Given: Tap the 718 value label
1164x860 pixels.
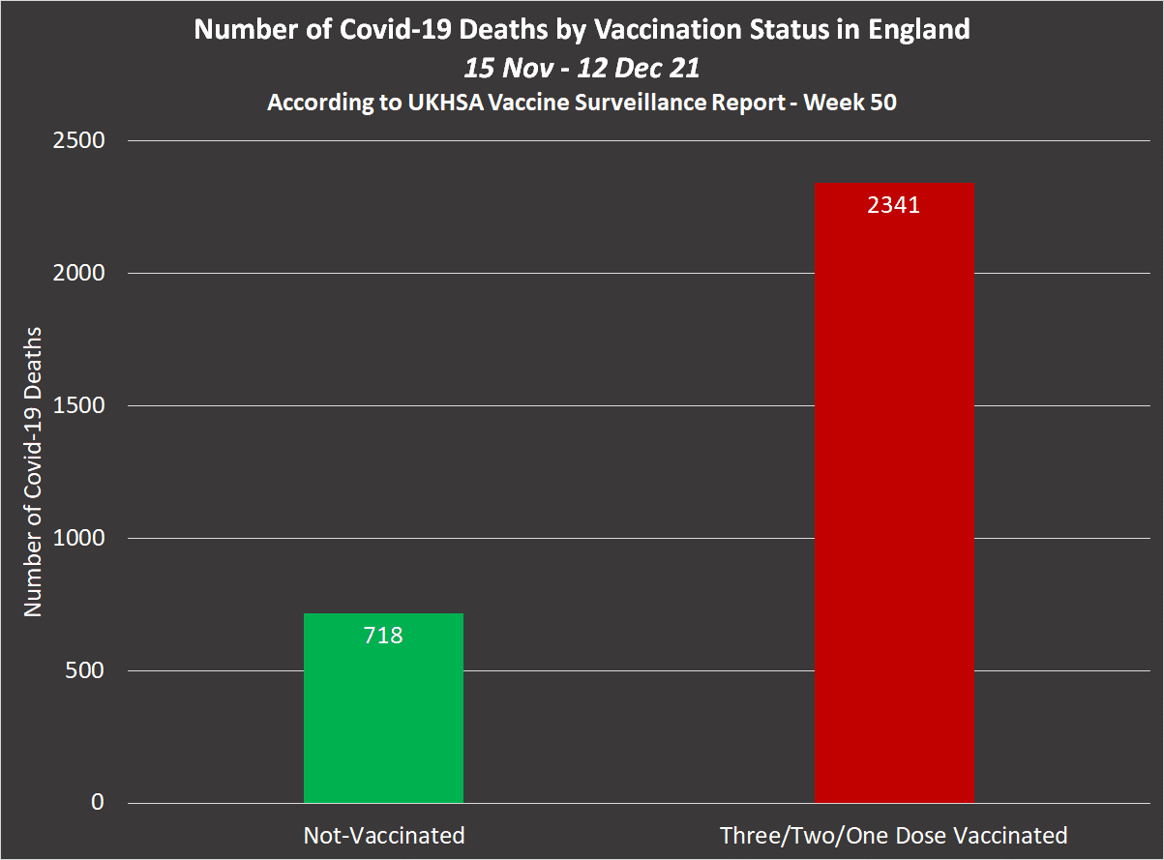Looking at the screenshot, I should coord(383,636).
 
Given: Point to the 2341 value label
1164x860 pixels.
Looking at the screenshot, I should coord(893,205).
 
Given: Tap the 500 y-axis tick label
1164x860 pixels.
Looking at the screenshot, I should coord(85,671).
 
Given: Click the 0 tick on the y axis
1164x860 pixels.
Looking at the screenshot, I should coord(98,803).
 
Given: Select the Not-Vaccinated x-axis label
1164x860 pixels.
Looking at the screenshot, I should coord(384,836).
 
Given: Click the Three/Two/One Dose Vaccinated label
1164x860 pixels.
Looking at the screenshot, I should coord(893,836).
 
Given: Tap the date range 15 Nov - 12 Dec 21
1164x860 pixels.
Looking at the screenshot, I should coord(582,68).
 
